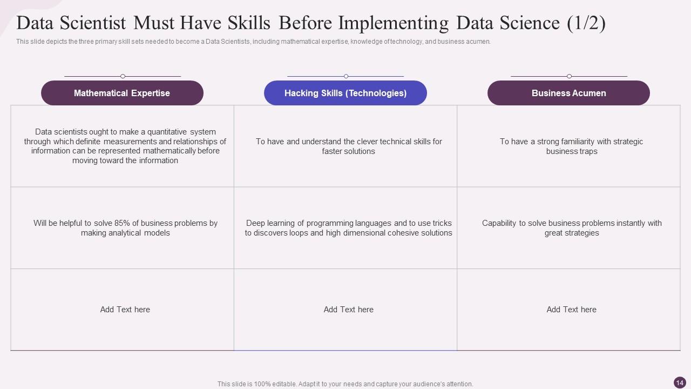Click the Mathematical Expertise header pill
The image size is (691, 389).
(x=122, y=93)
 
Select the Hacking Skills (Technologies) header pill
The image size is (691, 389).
(x=345, y=93)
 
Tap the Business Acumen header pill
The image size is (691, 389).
(x=568, y=93)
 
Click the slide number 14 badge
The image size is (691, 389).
(x=680, y=383)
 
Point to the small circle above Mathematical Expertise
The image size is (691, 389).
(x=123, y=76)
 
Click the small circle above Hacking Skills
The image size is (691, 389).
(x=346, y=76)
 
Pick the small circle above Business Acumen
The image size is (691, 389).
(x=569, y=76)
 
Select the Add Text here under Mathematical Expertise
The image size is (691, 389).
(x=125, y=310)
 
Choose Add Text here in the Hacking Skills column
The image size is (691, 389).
(x=349, y=310)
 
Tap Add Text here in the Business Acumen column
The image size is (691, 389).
(x=572, y=310)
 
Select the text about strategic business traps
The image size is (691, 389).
(x=572, y=146)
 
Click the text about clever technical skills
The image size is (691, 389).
(x=349, y=146)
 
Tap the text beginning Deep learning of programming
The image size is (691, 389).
(x=349, y=228)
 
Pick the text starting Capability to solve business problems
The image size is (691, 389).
(x=572, y=228)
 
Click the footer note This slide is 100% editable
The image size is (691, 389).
(x=345, y=384)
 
